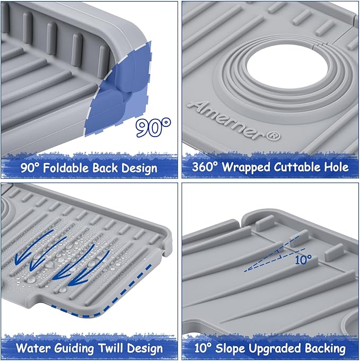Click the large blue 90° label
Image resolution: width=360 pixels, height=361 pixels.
click(153, 127)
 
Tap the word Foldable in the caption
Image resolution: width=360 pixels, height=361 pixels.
click(66, 168)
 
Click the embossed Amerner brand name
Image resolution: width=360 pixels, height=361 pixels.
click(226, 121)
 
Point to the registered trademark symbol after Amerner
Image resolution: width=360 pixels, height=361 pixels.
click(274, 136)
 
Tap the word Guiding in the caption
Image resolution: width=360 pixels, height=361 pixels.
click(74, 349)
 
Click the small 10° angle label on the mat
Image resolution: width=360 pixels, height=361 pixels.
click(303, 260)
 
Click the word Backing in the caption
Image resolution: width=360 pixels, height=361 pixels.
click(326, 349)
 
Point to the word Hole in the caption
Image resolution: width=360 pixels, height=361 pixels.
click(336, 167)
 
